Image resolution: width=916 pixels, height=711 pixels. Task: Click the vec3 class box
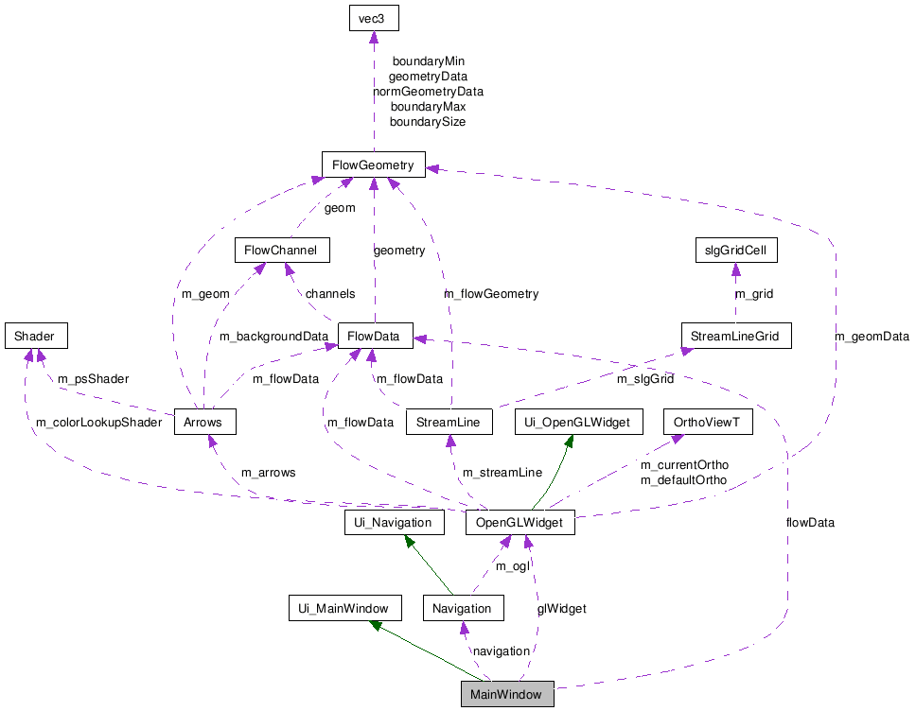tap(373, 18)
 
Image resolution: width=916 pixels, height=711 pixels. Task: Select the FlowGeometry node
tap(373, 164)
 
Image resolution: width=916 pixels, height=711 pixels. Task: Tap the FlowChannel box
tap(282, 250)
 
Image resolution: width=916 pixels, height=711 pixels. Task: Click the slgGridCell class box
tap(735, 250)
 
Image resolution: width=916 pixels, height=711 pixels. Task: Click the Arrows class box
tap(204, 422)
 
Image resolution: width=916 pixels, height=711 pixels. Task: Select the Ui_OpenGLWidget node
tap(578, 422)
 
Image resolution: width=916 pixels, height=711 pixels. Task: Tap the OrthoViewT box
tap(707, 422)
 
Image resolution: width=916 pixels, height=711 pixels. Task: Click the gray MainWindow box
tap(507, 694)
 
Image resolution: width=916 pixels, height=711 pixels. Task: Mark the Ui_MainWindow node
tap(344, 608)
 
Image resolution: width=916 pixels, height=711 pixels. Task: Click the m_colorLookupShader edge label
tap(99, 423)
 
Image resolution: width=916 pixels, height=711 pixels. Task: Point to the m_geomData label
tap(872, 336)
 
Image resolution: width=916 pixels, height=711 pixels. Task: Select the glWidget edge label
tap(561, 609)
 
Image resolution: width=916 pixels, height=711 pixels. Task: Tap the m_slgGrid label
tap(645, 379)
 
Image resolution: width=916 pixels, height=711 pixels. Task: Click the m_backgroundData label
tap(273, 336)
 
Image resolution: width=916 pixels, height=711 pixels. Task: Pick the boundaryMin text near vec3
tap(428, 61)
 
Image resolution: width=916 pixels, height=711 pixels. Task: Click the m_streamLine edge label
tap(502, 472)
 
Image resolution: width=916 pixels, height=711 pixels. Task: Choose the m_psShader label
tap(93, 379)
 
